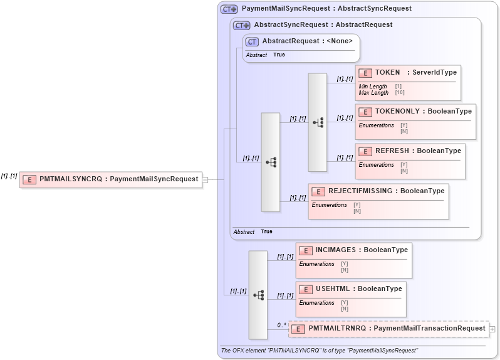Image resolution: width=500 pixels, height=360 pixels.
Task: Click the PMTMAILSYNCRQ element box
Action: [110, 179]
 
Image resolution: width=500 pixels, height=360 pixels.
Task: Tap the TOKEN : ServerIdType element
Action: [408, 73]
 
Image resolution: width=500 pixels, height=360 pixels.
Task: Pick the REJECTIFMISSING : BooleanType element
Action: [378, 191]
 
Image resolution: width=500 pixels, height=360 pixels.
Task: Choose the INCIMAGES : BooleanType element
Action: [353, 250]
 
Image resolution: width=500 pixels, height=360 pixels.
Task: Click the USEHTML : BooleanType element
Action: [351, 289]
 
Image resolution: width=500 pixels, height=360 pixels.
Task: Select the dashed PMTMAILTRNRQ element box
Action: [388, 329]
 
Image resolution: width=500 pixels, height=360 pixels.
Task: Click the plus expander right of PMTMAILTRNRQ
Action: [492, 329]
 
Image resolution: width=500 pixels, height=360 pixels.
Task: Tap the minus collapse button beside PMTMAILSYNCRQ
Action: [205, 179]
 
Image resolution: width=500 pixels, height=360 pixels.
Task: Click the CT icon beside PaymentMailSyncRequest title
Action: [229, 9]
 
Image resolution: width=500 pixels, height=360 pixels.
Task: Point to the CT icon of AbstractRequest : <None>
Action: [252, 42]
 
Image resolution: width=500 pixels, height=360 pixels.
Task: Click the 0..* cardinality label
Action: [281, 325]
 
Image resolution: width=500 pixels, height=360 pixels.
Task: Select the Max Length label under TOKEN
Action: [373, 93]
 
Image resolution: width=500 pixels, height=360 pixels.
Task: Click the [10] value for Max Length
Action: [400, 93]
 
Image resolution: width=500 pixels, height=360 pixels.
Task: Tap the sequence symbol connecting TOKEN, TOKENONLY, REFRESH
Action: [318, 122]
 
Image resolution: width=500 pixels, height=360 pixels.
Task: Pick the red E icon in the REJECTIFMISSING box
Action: [318, 191]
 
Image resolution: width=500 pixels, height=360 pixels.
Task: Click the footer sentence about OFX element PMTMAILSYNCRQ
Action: [320, 350]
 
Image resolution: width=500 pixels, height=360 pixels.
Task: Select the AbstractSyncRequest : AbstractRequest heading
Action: [323, 25]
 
